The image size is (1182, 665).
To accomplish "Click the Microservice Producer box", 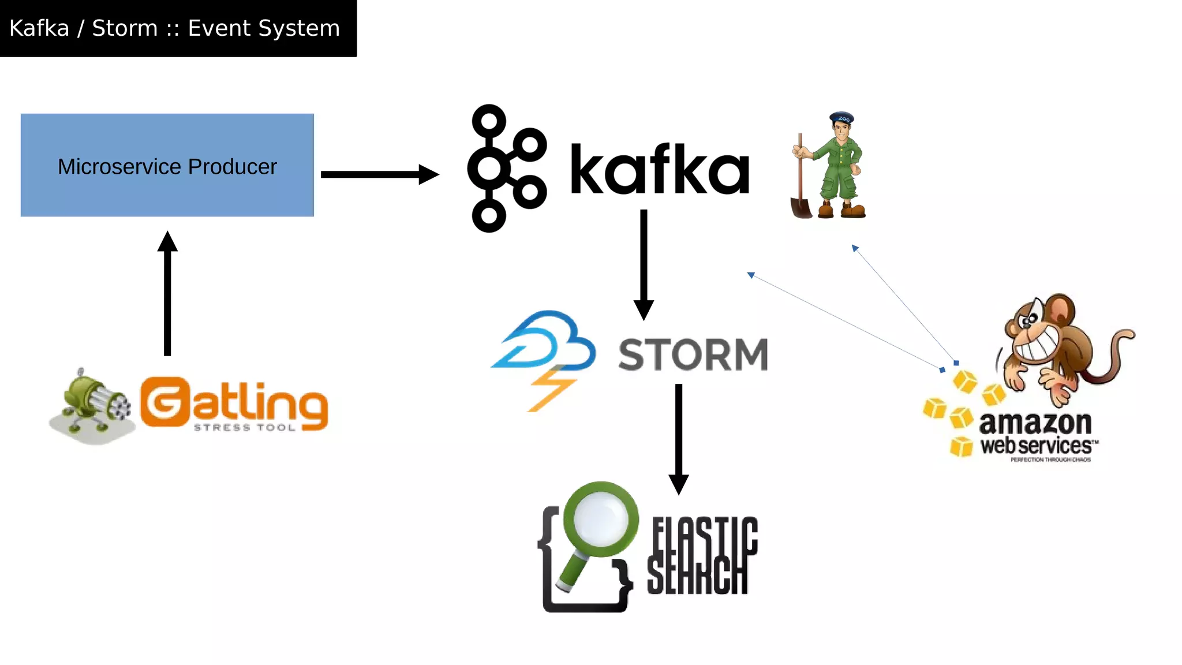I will (167, 165).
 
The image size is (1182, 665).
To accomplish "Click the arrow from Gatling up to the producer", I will (167, 294).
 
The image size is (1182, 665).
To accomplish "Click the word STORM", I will (693, 354).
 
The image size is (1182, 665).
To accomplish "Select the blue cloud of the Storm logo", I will (548, 341).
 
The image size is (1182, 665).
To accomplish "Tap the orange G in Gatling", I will (164, 402).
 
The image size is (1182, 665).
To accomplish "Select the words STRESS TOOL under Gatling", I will (245, 428).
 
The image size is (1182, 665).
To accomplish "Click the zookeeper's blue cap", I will (842, 118).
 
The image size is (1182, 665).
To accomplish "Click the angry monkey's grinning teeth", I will (1036, 346).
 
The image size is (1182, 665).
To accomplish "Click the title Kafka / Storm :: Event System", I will (175, 28).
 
